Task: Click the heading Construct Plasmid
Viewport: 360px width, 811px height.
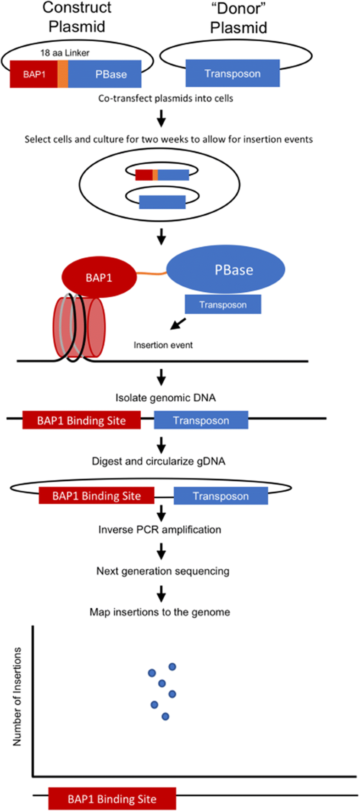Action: coord(77,17)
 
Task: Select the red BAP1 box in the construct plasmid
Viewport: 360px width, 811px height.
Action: coord(34,74)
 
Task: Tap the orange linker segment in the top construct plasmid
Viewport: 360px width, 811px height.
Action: coord(63,74)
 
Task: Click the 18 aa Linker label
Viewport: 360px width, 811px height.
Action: coord(65,53)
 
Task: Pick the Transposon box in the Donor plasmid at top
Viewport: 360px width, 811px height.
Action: coord(233,73)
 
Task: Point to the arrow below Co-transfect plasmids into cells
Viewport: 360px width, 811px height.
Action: coord(161,118)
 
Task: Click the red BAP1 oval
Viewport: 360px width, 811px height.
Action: coord(99,278)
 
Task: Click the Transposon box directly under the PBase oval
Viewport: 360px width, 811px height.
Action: coord(223,305)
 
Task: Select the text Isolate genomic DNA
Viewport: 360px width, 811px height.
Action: coord(165,398)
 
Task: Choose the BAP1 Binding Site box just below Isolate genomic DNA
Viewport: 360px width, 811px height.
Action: coord(82,421)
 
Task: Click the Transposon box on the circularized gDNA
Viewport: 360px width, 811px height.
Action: coord(221,496)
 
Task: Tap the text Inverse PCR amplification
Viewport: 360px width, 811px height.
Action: coord(160,529)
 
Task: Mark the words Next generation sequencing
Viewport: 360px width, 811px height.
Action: coord(163,571)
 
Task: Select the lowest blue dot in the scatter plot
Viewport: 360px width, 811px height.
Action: coord(166,717)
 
